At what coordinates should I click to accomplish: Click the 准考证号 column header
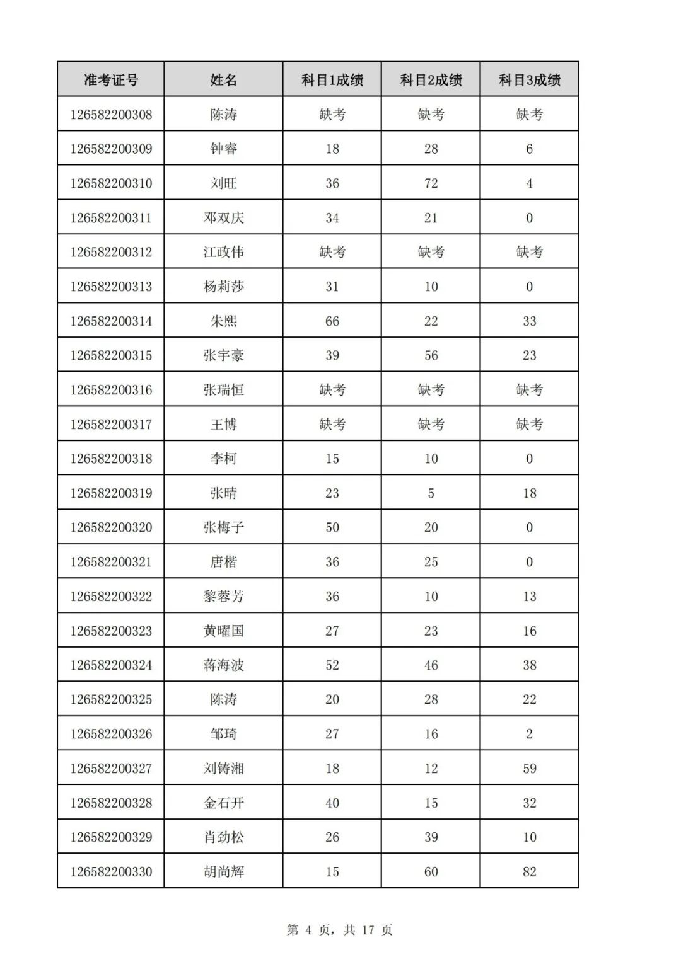pyautogui.click(x=111, y=80)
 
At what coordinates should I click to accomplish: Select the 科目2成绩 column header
pyautogui.click(x=431, y=80)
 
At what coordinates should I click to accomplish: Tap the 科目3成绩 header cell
pyautogui.click(x=529, y=80)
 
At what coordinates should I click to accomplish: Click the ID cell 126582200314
pyautogui.click(x=111, y=321)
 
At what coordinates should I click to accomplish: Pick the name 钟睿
pyautogui.click(x=223, y=149)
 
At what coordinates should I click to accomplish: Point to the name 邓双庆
pyautogui.click(x=223, y=218)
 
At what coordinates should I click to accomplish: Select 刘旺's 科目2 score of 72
pyautogui.click(x=431, y=183)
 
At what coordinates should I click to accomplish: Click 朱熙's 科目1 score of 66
pyautogui.click(x=332, y=321)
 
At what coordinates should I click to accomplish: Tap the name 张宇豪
pyautogui.click(x=223, y=355)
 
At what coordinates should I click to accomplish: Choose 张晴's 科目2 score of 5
pyautogui.click(x=431, y=493)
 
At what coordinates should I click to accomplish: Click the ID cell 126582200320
pyautogui.click(x=111, y=527)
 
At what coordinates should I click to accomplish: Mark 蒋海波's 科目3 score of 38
pyautogui.click(x=529, y=665)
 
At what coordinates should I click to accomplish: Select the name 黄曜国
pyautogui.click(x=223, y=631)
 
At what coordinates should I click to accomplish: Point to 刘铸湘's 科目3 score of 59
pyautogui.click(x=529, y=769)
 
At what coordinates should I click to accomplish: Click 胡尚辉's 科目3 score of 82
pyautogui.click(x=529, y=872)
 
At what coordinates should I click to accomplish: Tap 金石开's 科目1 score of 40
pyautogui.click(x=332, y=803)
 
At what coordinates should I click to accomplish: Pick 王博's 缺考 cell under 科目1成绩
pyautogui.click(x=332, y=425)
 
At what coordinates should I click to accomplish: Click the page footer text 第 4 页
pyautogui.click(x=308, y=930)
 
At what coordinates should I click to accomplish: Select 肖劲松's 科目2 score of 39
pyautogui.click(x=431, y=837)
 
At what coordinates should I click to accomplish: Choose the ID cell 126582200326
pyautogui.click(x=111, y=734)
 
